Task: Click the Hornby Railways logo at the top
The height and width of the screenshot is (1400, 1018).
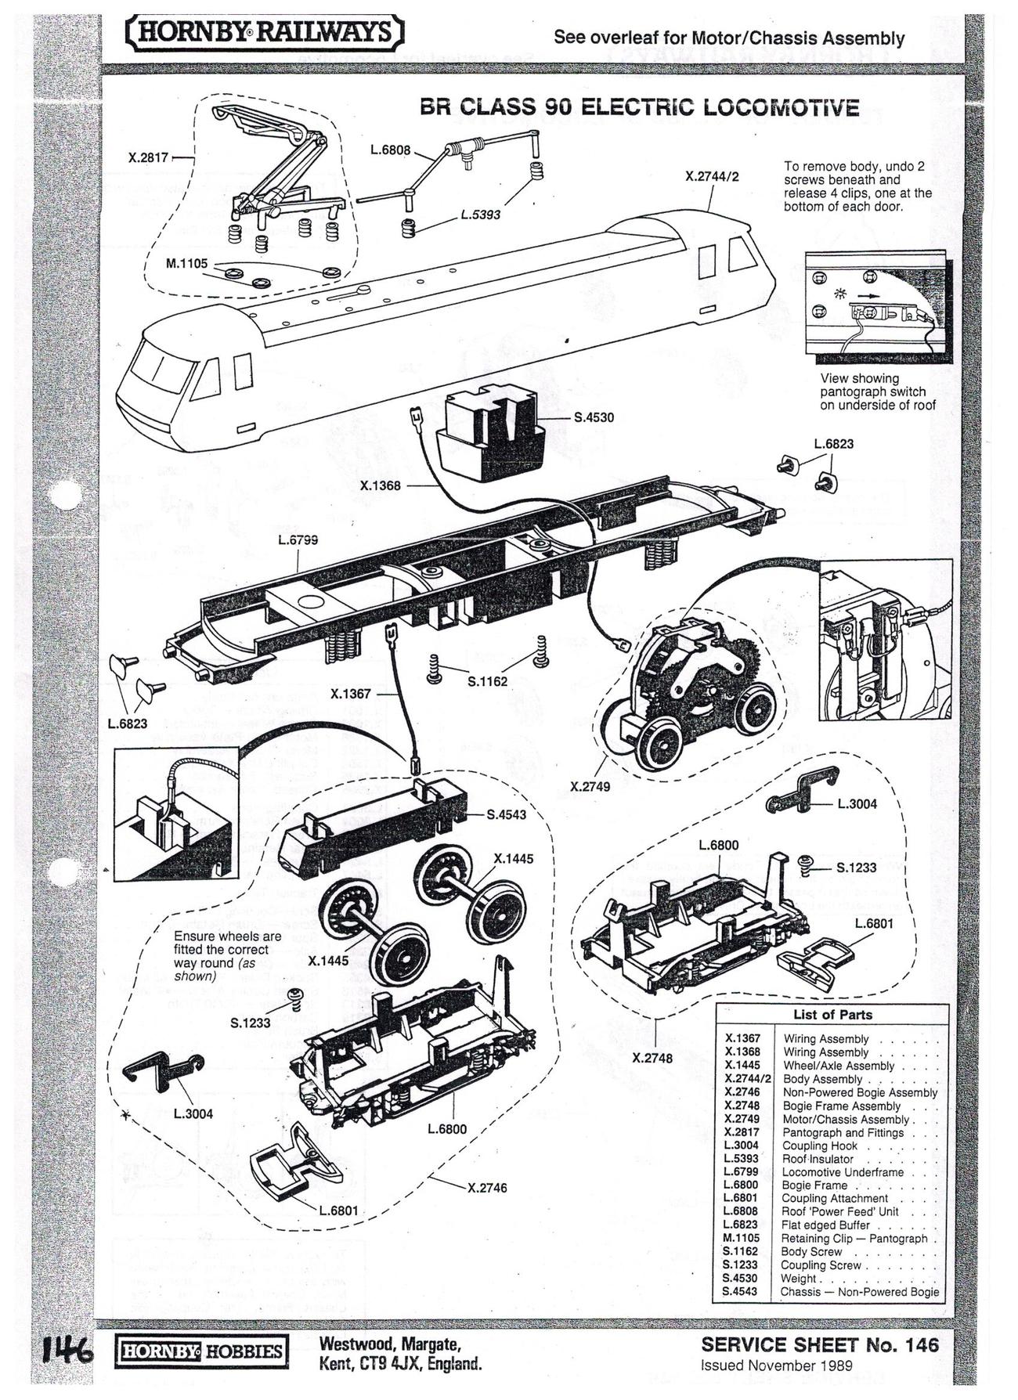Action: click(265, 34)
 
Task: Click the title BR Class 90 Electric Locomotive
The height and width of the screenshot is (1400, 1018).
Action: click(639, 106)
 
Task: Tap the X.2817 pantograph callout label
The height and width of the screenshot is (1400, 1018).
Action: click(149, 157)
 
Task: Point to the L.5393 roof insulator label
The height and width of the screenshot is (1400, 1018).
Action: click(480, 214)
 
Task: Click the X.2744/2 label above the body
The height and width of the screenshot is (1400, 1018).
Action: click(712, 177)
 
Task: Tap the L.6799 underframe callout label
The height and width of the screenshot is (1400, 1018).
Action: click(298, 539)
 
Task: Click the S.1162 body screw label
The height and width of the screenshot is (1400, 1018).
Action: click(487, 681)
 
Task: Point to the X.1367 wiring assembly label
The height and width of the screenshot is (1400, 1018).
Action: click(351, 694)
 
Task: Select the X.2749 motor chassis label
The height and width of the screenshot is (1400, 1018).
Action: click(590, 786)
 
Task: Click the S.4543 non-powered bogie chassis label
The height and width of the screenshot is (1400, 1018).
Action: click(507, 814)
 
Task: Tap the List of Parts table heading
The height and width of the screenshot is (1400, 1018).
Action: click(832, 1015)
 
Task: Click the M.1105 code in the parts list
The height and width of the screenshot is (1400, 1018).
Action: click(741, 1238)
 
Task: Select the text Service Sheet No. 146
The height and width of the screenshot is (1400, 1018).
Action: click(819, 1345)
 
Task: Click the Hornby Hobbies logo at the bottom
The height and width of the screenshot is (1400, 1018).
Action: click(201, 1351)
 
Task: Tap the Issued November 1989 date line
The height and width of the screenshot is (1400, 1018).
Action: click(776, 1366)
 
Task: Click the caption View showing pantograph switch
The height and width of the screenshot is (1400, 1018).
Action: click(878, 391)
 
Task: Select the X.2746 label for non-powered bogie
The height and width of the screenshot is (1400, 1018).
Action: click(487, 1188)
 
